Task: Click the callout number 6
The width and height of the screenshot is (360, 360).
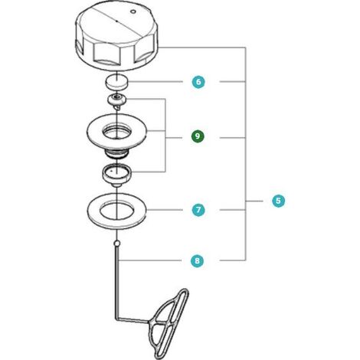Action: [x=198, y=82]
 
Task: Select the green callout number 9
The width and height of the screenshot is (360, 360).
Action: [x=198, y=136]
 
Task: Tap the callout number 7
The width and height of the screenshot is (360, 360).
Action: [x=198, y=210]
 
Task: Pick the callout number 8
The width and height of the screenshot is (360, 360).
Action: [x=197, y=260]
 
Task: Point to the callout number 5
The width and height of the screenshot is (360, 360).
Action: [x=278, y=201]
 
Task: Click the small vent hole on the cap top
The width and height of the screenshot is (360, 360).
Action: [x=133, y=11]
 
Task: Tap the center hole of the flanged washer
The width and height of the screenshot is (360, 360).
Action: [x=117, y=132]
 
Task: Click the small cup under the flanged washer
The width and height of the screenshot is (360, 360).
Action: [x=117, y=175]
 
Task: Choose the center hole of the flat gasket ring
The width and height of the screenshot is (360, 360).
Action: [x=116, y=211]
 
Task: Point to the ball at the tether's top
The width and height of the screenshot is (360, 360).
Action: [x=116, y=243]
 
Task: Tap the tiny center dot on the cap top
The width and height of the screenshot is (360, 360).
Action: [x=116, y=21]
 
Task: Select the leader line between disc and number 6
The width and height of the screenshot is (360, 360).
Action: [x=155, y=82]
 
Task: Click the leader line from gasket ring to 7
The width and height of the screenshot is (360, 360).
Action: [x=165, y=210]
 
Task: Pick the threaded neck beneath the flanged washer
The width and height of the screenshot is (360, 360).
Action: [x=116, y=154]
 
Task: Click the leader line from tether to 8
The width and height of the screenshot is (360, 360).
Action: [x=150, y=260]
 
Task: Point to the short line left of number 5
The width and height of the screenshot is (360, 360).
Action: [x=254, y=201]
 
